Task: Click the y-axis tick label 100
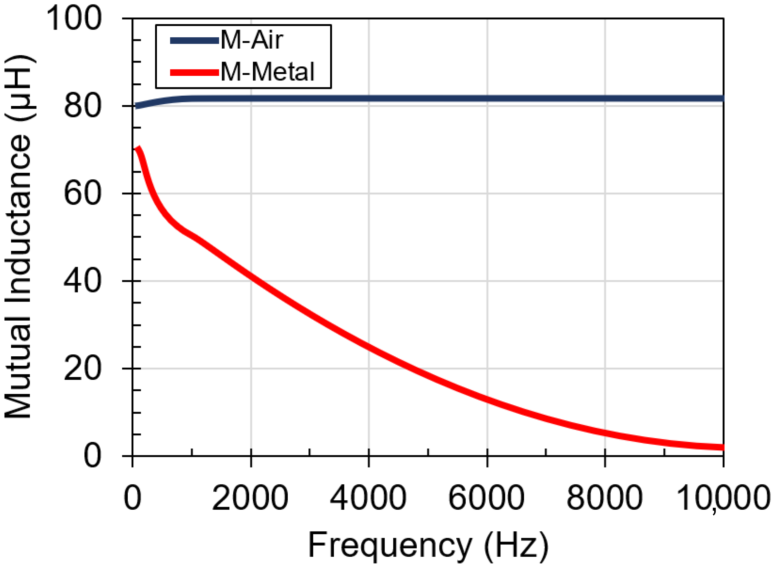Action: pyautogui.click(x=74, y=19)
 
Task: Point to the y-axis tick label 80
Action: pyautogui.click(x=83, y=106)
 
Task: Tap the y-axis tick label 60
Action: pyautogui.click(x=83, y=194)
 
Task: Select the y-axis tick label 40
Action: pyautogui.click(x=83, y=281)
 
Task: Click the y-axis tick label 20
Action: pyautogui.click(x=83, y=369)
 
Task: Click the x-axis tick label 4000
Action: pyautogui.click(x=368, y=498)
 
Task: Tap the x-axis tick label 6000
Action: pyautogui.click(x=486, y=498)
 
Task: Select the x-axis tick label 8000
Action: pyautogui.click(x=604, y=498)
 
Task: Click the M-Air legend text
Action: pyautogui.click(x=252, y=40)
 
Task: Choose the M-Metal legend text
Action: pyautogui.click(x=267, y=72)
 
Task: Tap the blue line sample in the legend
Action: pyautogui.click(x=195, y=41)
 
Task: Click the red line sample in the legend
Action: pyautogui.click(x=195, y=72)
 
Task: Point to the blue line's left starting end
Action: pyautogui.click(x=137, y=106)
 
